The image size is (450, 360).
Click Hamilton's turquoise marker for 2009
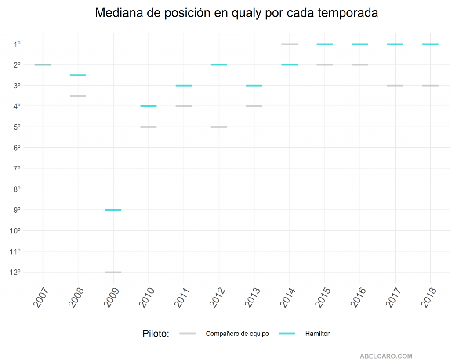click(x=113, y=210)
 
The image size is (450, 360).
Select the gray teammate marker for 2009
click(x=113, y=272)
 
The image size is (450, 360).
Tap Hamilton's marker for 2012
click(x=219, y=65)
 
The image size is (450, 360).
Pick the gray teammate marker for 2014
click(x=290, y=44)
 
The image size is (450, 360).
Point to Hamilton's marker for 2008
click(x=78, y=75)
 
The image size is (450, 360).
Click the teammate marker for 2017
click(x=395, y=85)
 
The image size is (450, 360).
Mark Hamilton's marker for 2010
click(x=149, y=106)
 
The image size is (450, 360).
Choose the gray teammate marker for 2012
click(x=219, y=127)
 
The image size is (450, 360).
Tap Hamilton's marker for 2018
click(x=430, y=44)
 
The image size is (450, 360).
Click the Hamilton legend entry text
click(x=318, y=334)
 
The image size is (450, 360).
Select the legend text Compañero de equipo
click(x=237, y=334)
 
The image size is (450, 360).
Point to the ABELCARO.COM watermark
click(x=386, y=356)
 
